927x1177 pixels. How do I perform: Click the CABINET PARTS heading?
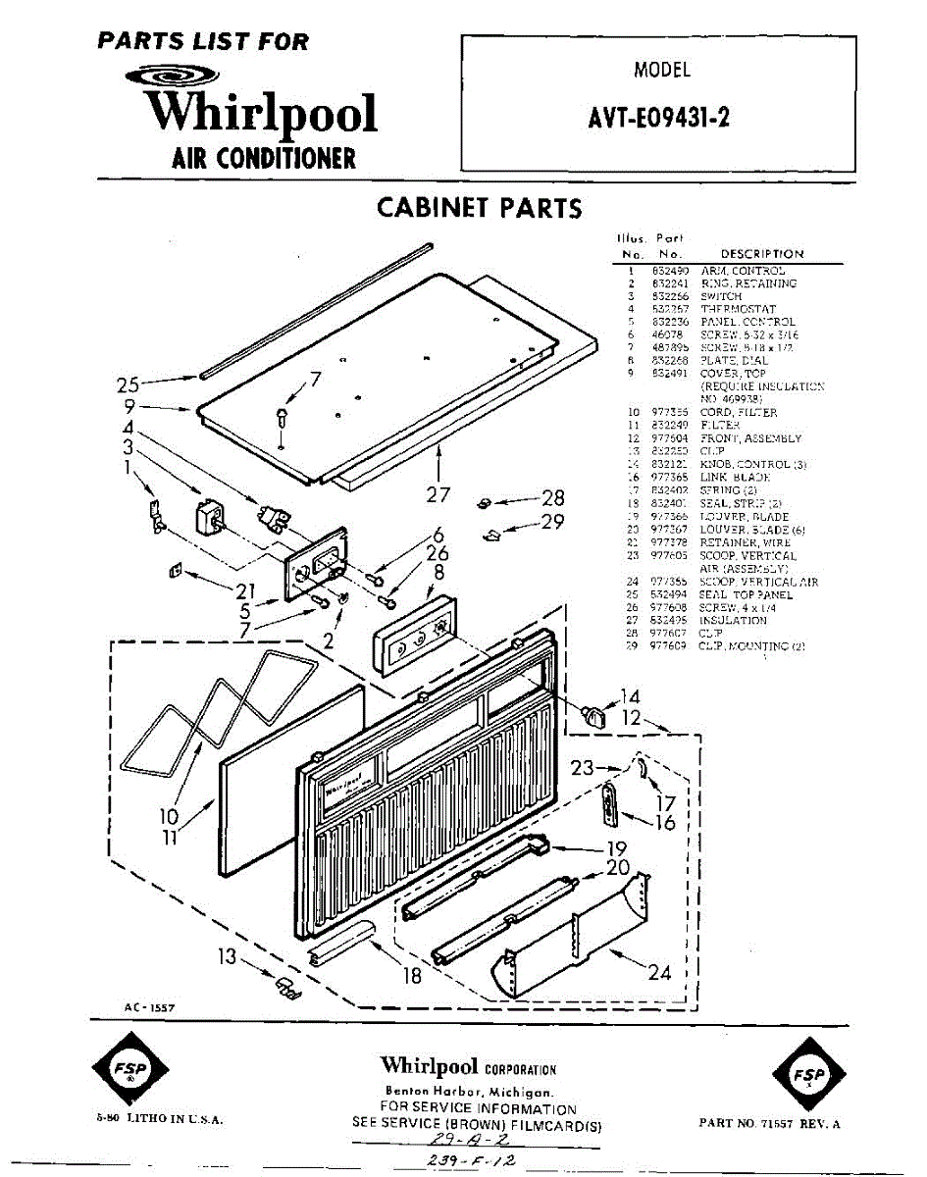pyautogui.click(x=479, y=208)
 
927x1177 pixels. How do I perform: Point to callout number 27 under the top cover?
pyautogui.click(x=438, y=493)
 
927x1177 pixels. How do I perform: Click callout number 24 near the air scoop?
pyautogui.click(x=659, y=972)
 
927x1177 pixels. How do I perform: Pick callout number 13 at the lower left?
pyautogui.click(x=227, y=955)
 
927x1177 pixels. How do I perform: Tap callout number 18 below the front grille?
pyautogui.click(x=411, y=975)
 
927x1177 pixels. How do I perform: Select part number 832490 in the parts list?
pyautogui.click(x=671, y=270)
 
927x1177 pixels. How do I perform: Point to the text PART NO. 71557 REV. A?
pyautogui.click(x=769, y=1123)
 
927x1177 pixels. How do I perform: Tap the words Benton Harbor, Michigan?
pyautogui.click(x=469, y=1092)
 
